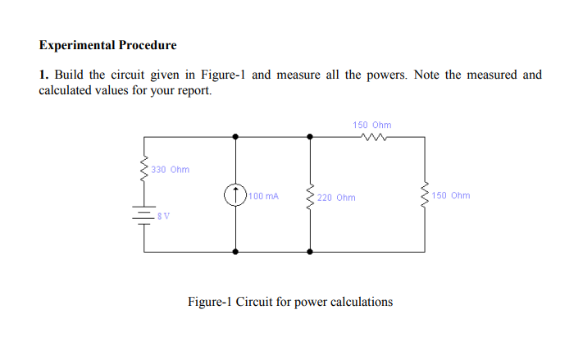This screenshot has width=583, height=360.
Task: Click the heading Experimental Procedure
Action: pyautogui.click(x=107, y=44)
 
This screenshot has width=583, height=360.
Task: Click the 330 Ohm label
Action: pyautogui.click(x=170, y=170)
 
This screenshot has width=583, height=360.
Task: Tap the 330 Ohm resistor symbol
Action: pyautogui.click(x=145, y=169)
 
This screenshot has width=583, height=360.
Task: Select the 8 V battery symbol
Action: pyautogui.click(x=145, y=215)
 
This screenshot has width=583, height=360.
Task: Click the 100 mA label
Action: pyautogui.click(x=265, y=197)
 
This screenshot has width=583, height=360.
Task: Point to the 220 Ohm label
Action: pyautogui.click(x=336, y=198)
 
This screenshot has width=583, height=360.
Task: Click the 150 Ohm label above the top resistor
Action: pyautogui.click(x=372, y=125)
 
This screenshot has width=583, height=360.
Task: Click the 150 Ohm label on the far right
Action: pyautogui.click(x=451, y=196)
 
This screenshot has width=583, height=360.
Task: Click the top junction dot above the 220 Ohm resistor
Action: pyautogui.click(x=310, y=137)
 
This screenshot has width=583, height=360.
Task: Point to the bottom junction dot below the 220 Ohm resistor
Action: pyautogui.click(x=310, y=251)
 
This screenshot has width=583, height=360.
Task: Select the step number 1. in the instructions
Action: pyautogui.click(x=44, y=75)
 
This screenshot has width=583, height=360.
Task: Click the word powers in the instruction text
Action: pyautogui.click(x=386, y=75)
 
